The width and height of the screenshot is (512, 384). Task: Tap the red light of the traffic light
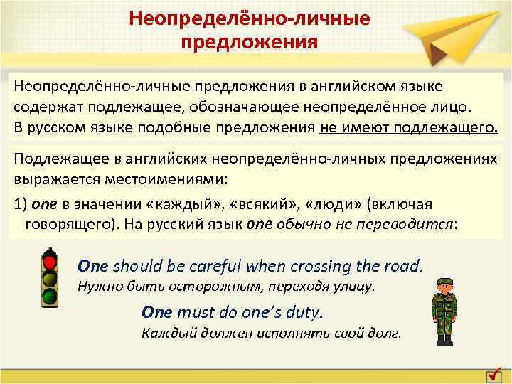click(x=49, y=262)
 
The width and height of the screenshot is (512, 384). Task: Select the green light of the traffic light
click(x=49, y=295)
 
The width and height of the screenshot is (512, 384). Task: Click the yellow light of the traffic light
click(x=49, y=279)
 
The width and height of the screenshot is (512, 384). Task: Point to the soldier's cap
click(x=444, y=280)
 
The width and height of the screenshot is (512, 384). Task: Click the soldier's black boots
click(x=444, y=339)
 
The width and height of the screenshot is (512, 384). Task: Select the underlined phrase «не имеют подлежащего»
click(x=410, y=127)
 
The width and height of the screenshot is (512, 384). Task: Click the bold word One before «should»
click(x=92, y=266)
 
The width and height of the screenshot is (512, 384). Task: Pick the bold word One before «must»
click(x=157, y=311)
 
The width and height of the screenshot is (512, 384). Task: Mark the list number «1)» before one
click(x=21, y=204)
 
